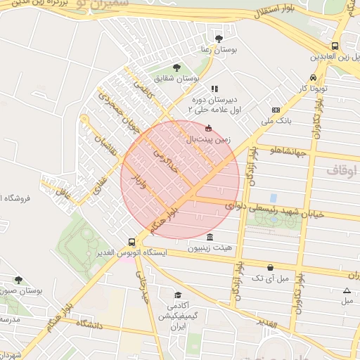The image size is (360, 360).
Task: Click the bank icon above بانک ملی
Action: (x=276, y=110)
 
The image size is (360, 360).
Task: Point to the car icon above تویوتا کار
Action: (x=312, y=78)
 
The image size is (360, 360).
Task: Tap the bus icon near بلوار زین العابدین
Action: (x=335, y=44)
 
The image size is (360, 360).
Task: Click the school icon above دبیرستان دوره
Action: (x=214, y=89)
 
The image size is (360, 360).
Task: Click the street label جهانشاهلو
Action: (x=285, y=149)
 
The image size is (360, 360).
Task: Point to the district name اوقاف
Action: (x=342, y=171)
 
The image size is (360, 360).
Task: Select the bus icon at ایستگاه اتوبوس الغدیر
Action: (x=132, y=240)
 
